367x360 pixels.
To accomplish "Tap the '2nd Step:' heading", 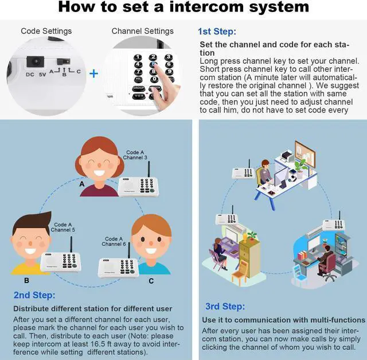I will click(35, 295).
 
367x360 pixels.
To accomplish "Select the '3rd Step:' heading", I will click(224, 306).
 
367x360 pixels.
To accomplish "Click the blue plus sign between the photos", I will click(93, 73).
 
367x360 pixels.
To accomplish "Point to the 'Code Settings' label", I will click(46, 31).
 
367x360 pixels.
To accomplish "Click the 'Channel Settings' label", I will click(142, 31).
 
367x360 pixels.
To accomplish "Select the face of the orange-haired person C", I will click(153, 244).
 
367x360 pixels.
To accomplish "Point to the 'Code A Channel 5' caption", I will click(63, 227).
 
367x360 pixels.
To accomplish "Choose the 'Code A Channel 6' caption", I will click(114, 241).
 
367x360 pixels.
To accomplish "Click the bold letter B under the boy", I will click(26, 281).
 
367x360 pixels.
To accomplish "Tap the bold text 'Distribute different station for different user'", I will click(92, 308).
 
